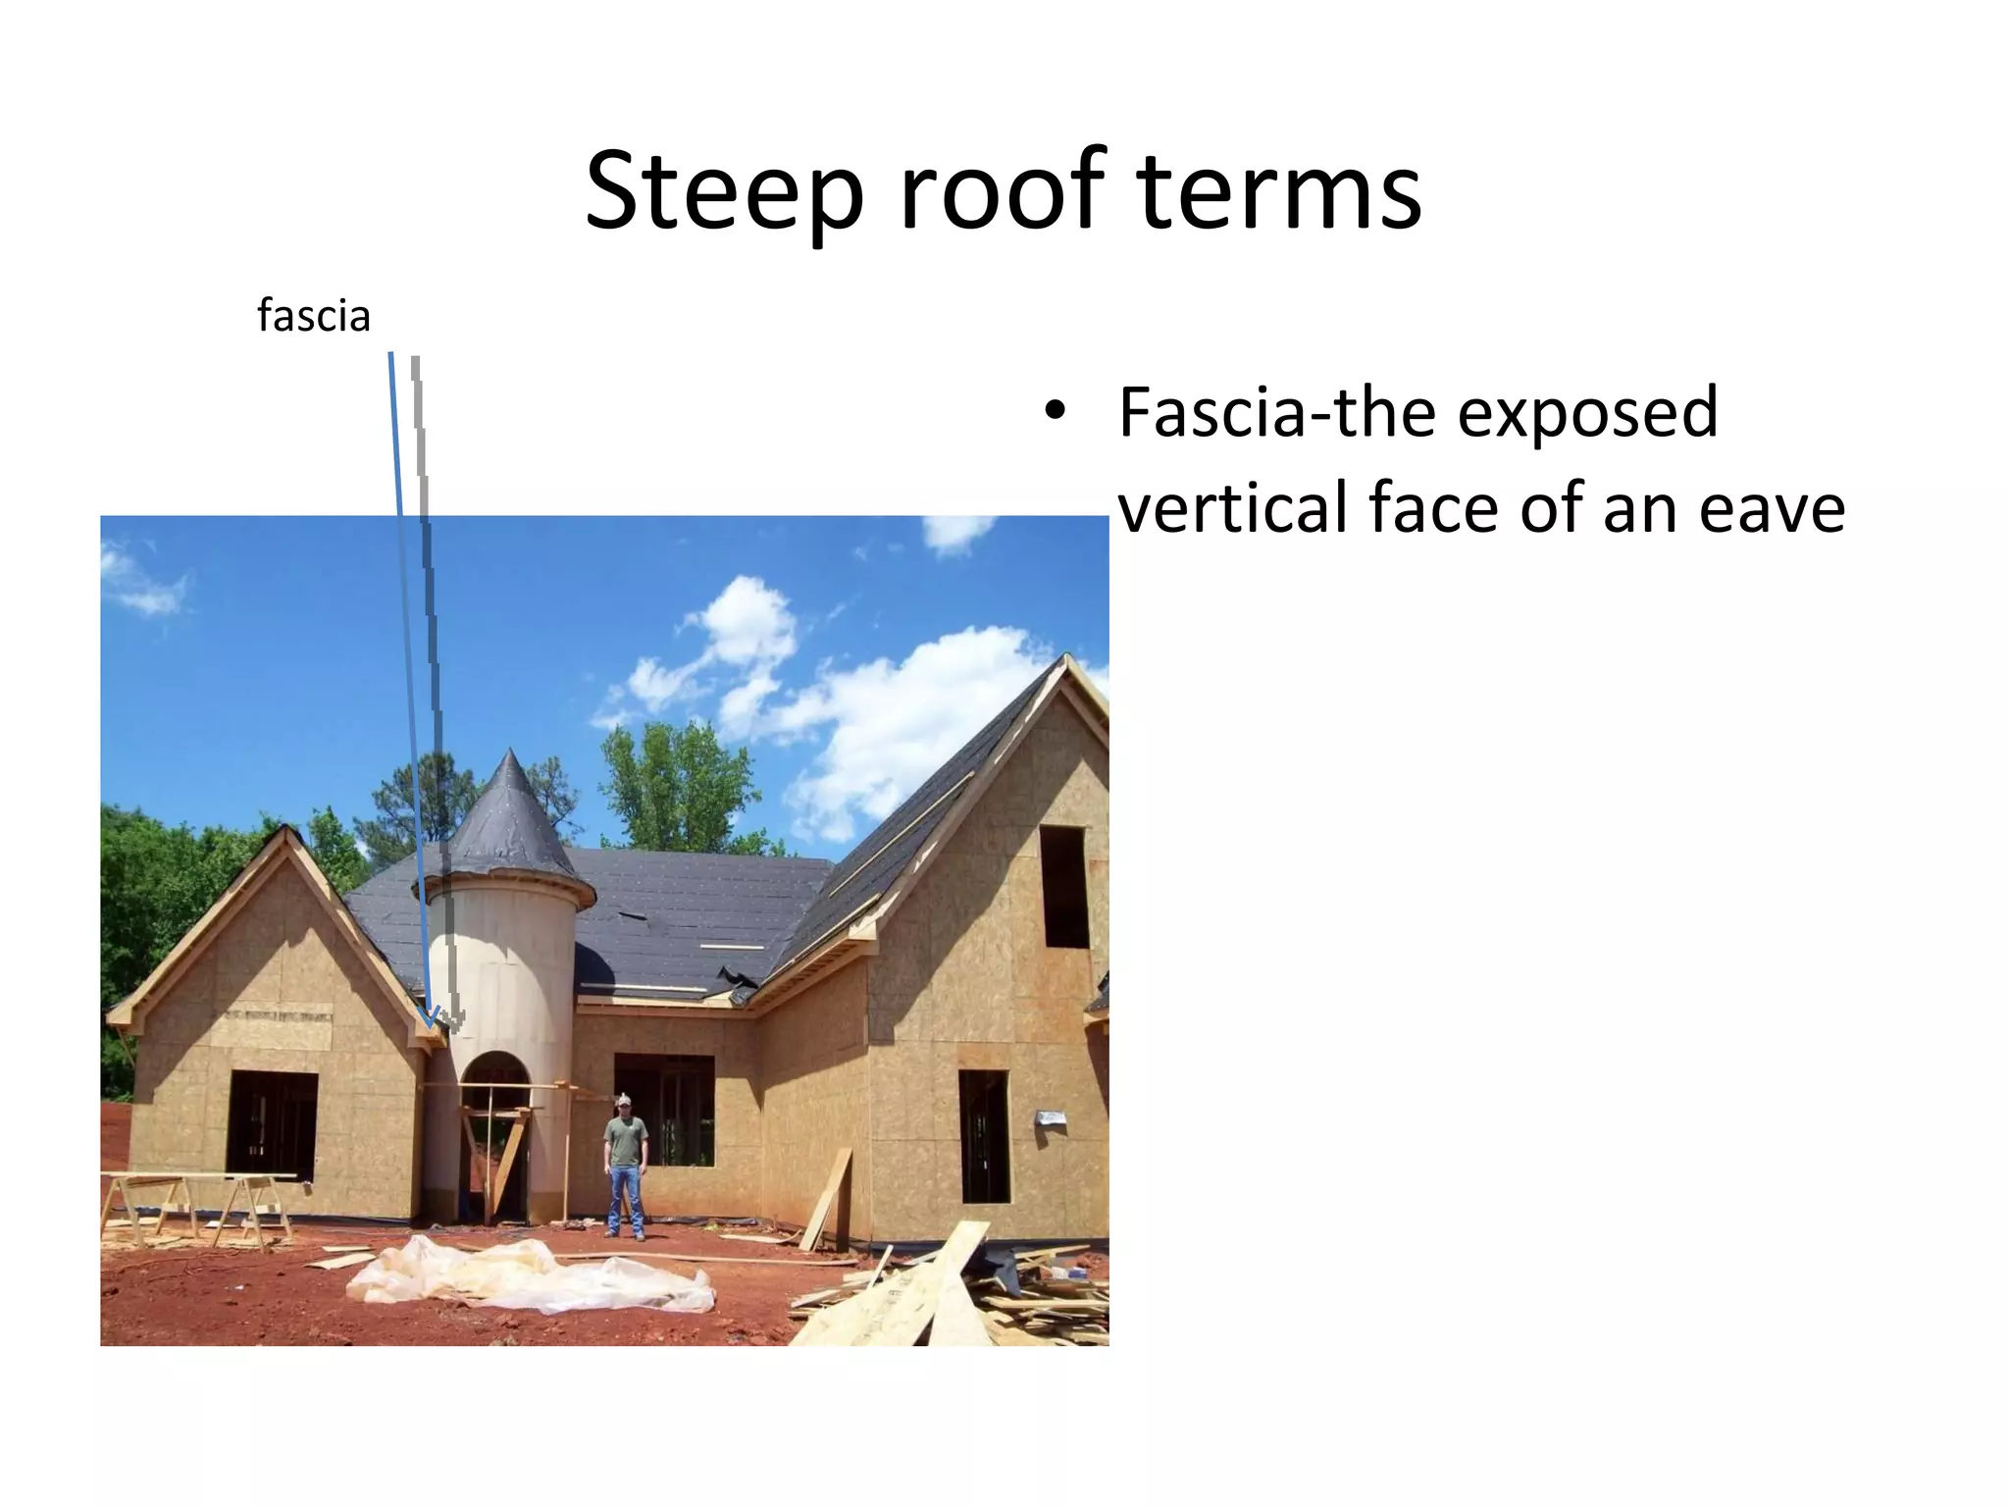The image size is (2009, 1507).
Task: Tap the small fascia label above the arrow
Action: tap(314, 316)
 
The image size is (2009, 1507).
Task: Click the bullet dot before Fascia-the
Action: tap(1055, 411)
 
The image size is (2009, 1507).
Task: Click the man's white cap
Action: tap(624, 1100)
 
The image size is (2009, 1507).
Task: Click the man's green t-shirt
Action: tap(625, 1140)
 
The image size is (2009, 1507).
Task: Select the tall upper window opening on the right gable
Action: tap(1063, 886)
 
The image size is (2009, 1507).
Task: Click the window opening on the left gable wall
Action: tap(272, 1124)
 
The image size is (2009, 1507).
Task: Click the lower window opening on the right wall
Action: tap(983, 1136)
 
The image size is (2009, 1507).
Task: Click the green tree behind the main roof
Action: tap(677, 785)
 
